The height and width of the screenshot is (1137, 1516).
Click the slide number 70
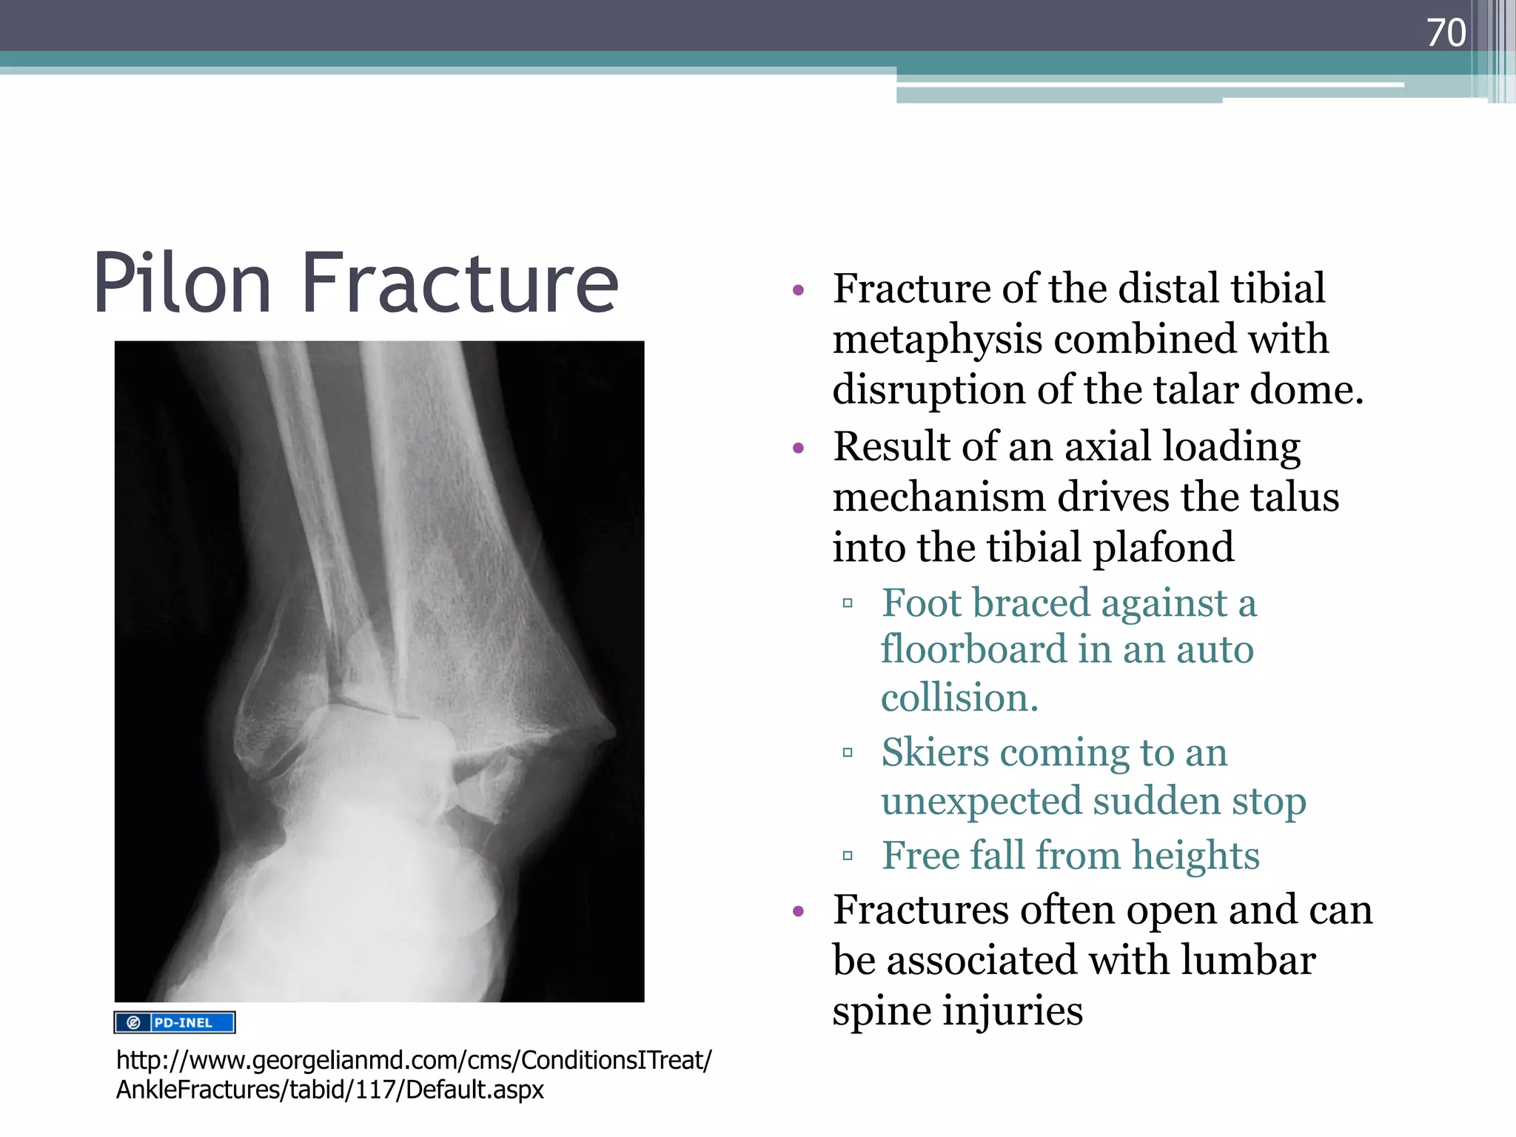coord(1446,33)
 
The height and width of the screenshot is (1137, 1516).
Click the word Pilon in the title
coord(182,284)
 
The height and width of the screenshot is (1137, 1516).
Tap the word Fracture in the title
coord(460,284)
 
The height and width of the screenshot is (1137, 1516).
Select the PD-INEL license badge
coord(175,1022)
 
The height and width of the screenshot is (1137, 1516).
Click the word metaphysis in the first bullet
coord(937,340)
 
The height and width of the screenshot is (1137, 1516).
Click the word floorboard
coord(973,649)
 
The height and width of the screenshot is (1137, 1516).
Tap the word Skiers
coord(935,753)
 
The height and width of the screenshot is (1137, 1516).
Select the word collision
coord(959,698)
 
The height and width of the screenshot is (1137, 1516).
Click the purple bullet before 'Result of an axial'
coord(798,448)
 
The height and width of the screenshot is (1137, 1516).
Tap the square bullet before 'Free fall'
coord(848,856)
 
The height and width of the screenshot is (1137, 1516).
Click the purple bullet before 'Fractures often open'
coord(798,911)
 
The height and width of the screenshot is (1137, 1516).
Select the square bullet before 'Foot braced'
coord(848,603)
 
